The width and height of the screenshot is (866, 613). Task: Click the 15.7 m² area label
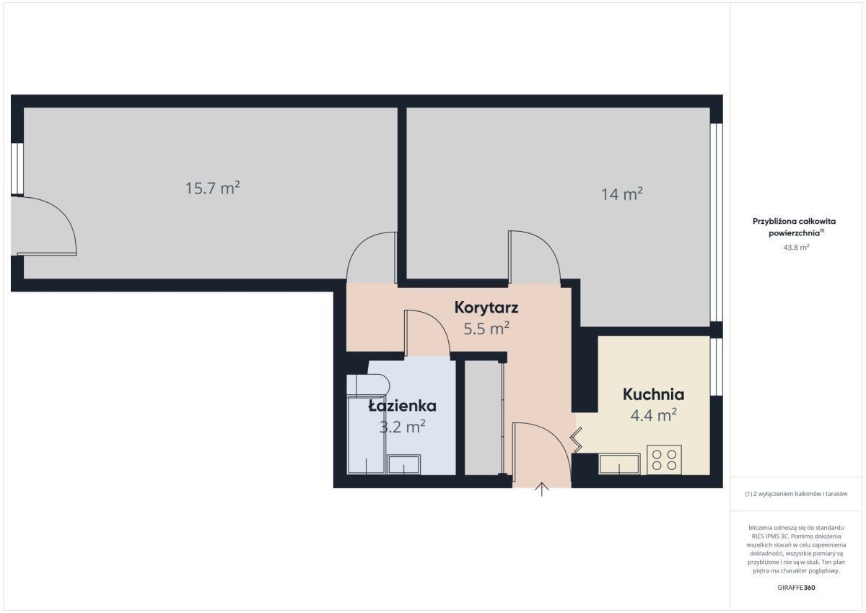[213, 188]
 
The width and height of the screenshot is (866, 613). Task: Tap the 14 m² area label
[621, 194]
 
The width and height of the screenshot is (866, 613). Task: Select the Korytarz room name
[486, 308]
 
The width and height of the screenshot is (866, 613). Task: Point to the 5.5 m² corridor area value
[486, 329]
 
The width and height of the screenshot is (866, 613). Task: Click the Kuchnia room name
[653, 394]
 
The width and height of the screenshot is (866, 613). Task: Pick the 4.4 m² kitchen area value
[653, 415]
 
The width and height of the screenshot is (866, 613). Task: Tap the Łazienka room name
[403, 406]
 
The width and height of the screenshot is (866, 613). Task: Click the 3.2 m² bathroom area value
[403, 427]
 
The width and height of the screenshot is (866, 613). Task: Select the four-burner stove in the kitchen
[664, 460]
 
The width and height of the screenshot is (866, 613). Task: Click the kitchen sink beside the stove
[619, 464]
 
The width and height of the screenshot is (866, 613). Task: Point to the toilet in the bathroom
[368, 386]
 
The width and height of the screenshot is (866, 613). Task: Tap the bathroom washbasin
[403, 464]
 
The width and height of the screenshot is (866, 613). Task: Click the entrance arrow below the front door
[542, 490]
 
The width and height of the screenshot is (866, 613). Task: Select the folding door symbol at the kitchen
[576, 440]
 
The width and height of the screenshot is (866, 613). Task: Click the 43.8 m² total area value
[796, 247]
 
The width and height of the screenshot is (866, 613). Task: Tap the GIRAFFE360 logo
[796, 588]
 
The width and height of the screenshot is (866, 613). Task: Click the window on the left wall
[17, 169]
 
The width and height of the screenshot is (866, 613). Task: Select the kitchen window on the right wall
[717, 367]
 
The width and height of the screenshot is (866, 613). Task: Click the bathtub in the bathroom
[366, 435]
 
